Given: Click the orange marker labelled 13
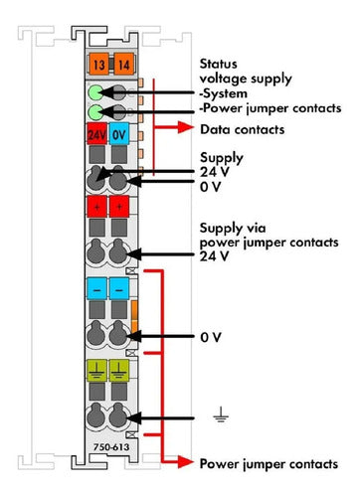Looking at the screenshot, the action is click(98, 64).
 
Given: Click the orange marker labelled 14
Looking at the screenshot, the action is click(124, 64).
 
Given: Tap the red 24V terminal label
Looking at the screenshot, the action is click(96, 134).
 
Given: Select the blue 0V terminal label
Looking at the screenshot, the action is click(119, 134).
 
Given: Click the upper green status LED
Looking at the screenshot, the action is click(96, 92).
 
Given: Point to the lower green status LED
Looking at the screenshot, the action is click(96, 111).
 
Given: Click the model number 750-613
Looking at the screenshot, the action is click(111, 447).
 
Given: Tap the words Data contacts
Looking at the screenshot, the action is click(243, 129).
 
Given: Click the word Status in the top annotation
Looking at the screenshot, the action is click(218, 64).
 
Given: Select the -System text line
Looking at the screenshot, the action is click(224, 93).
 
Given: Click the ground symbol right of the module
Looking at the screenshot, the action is click(221, 414).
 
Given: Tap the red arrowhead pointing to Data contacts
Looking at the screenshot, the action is click(185, 127).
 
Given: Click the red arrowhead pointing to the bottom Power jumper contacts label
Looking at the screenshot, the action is click(185, 461).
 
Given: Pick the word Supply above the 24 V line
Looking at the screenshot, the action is click(222, 158).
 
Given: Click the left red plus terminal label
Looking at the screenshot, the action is click(96, 207).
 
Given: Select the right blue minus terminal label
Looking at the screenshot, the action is click(119, 288).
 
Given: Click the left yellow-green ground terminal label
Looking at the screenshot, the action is click(96, 371).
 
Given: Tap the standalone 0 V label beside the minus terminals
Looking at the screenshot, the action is click(211, 337).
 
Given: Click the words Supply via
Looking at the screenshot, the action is click(233, 229).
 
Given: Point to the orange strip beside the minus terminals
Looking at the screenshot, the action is click(134, 316).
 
